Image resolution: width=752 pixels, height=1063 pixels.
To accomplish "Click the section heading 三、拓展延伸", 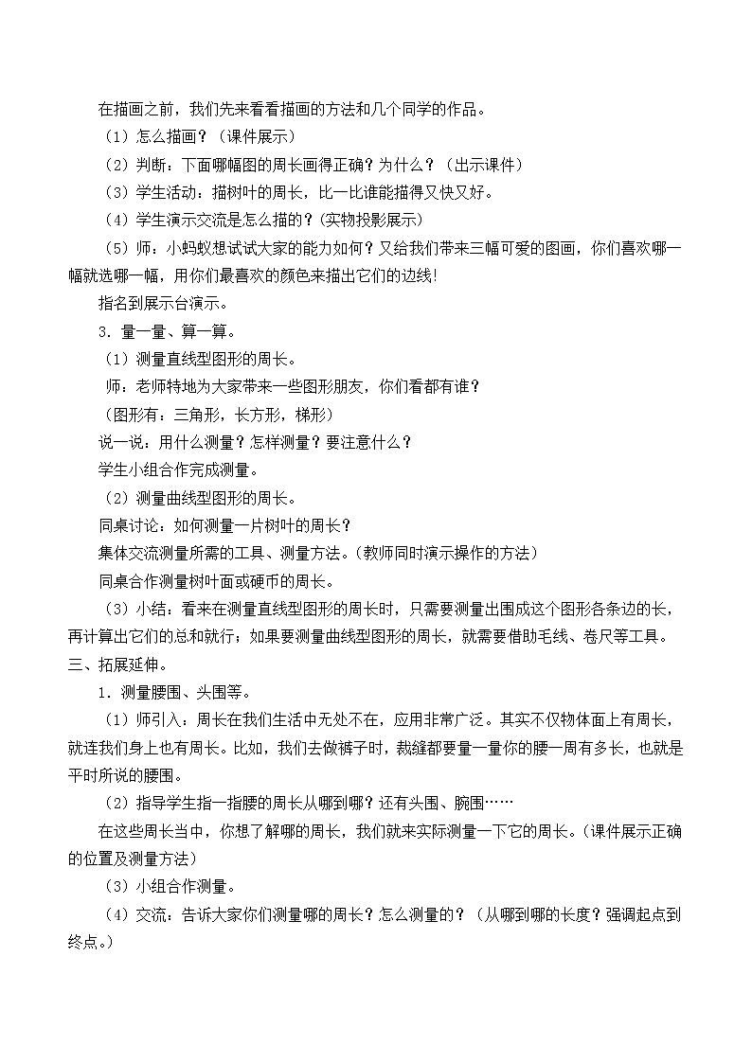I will click(112, 662).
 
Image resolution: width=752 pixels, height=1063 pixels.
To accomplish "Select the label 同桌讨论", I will click(127, 524).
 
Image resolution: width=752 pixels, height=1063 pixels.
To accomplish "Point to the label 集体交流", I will click(127, 552).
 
